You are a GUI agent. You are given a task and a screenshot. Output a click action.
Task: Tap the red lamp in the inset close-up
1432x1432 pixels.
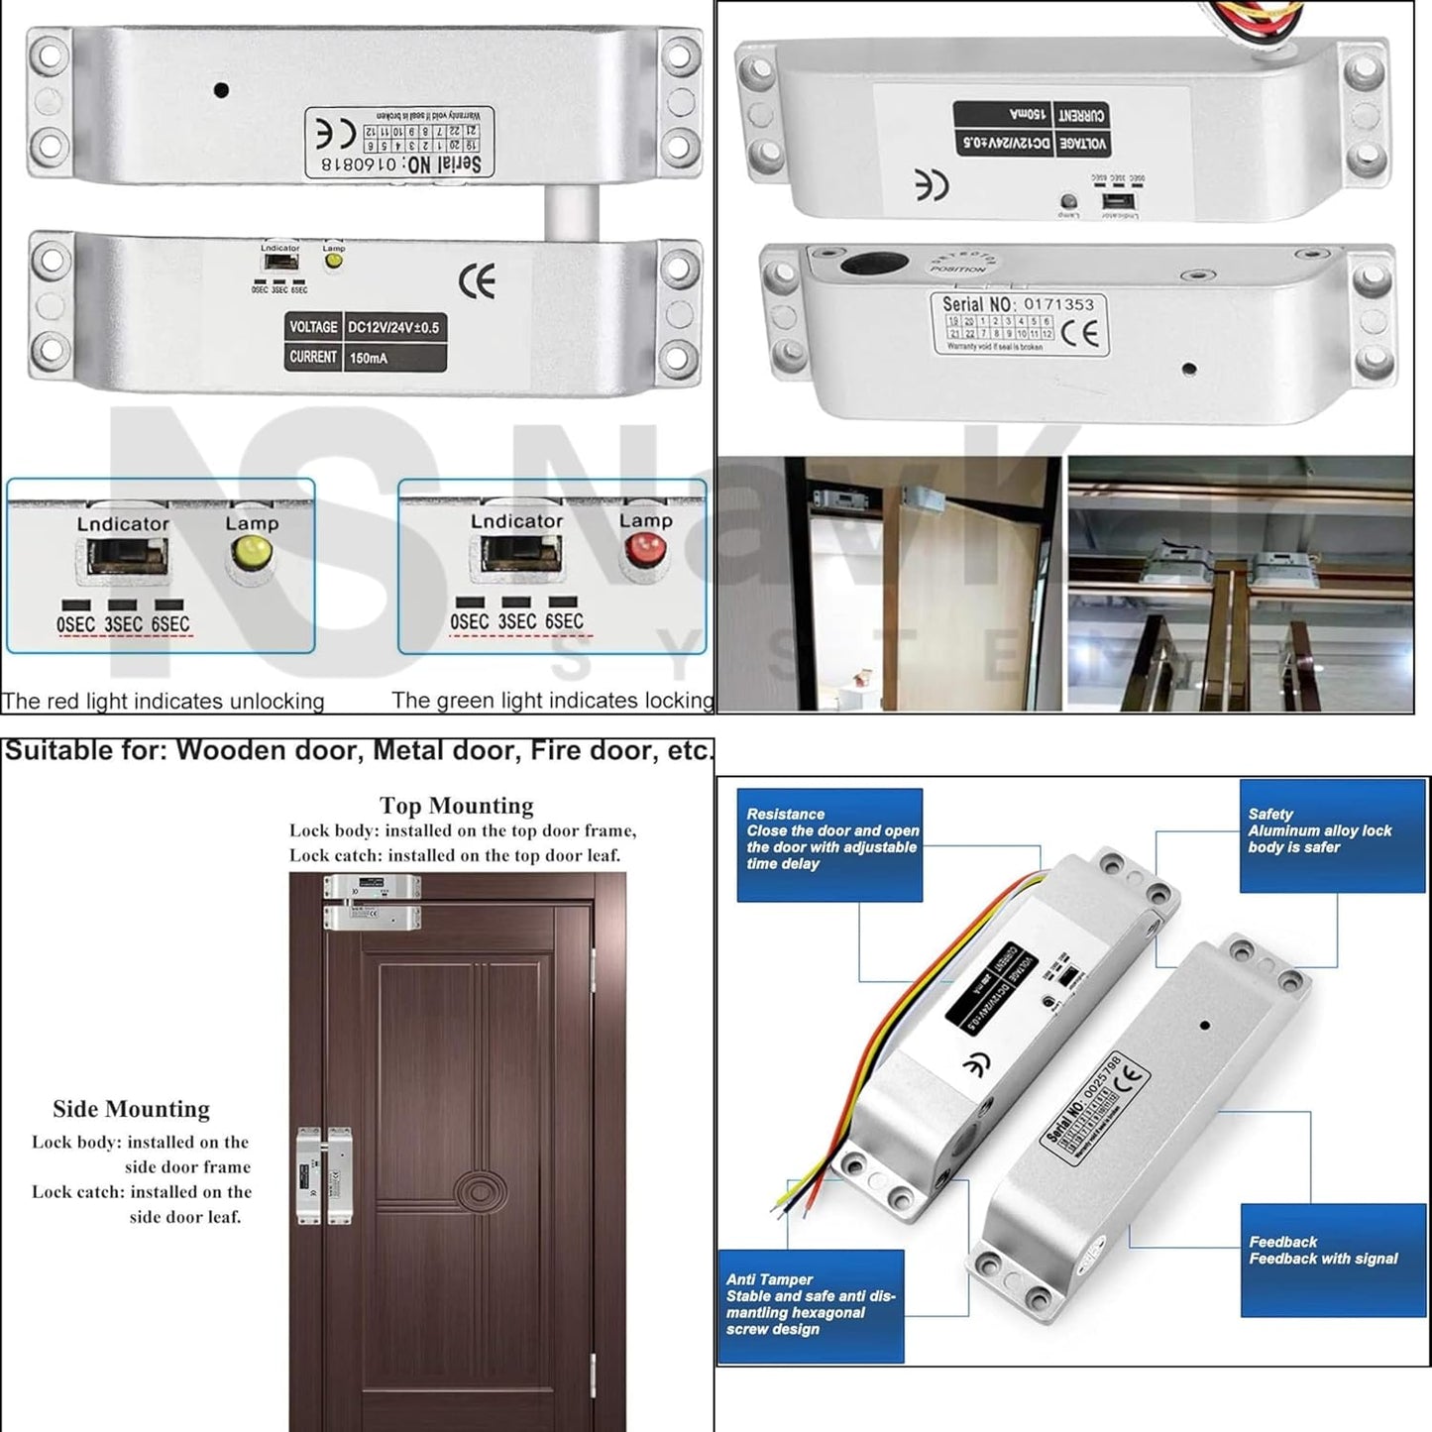click(644, 548)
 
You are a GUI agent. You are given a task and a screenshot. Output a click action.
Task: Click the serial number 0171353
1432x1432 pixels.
click(1058, 304)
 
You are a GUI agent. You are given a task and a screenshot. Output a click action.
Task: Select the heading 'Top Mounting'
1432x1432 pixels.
click(456, 805)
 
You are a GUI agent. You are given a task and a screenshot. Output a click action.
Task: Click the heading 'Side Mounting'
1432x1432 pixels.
click(131, 1108)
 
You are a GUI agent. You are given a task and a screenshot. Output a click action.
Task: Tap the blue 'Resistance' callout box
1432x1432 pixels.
click(829, 844)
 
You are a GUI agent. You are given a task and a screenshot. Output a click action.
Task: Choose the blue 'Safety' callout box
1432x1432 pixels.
click(1332, 835)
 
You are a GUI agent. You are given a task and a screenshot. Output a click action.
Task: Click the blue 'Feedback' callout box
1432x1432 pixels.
click(1332, 1259)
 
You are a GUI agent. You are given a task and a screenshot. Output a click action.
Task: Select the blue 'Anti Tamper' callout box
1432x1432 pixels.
click(811, 1305)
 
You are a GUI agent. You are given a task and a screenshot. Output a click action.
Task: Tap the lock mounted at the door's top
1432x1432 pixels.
click(372, 901)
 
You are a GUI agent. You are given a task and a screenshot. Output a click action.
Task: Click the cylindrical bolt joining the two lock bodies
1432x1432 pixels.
click(571, 210)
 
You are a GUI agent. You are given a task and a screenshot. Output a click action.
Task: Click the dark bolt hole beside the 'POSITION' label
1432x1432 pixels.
click(874, 264)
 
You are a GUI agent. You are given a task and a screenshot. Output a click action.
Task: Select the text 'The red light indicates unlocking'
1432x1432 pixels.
click(163, 701)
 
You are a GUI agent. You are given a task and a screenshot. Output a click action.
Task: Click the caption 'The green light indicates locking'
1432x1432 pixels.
click(552, 700)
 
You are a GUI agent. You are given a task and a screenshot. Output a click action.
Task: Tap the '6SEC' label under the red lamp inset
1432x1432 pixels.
click(564, 621)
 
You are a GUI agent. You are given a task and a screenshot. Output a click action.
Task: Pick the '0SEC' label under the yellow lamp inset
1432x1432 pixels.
click(75, 624)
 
